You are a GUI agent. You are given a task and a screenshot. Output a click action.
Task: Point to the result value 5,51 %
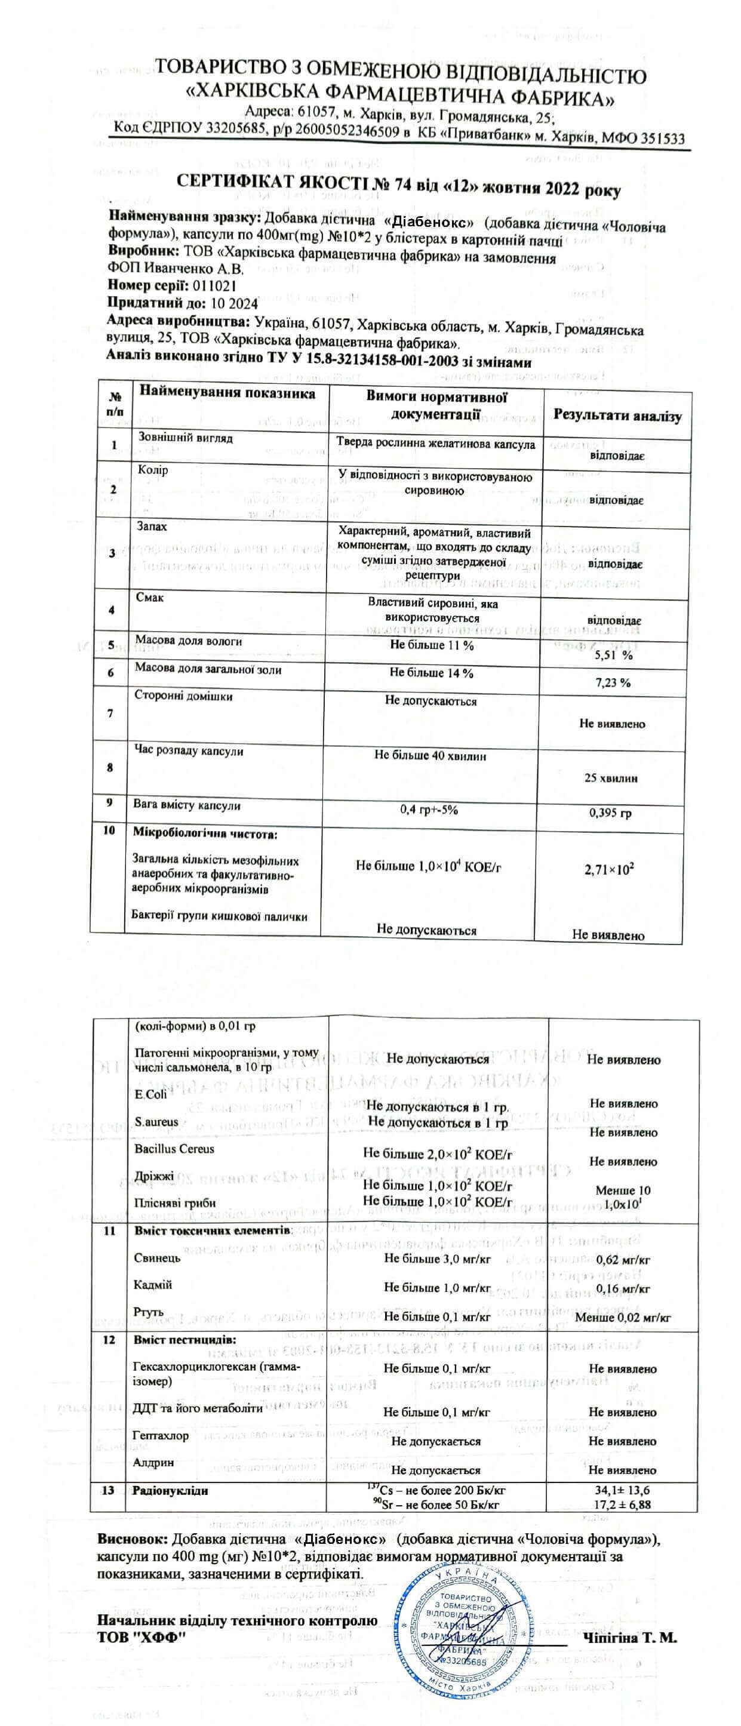pyautogui.click(x=614, y=656)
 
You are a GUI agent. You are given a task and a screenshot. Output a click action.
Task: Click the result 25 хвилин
pyautogui.click(x=610, y=778)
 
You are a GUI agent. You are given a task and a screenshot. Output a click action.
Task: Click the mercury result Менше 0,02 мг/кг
pyautogui.click(x=623, y=1317)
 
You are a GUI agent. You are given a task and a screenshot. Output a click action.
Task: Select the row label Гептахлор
pyautogui.click(x=161, y=1435)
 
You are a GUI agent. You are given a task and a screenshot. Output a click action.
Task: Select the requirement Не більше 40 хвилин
pyautogui.click(x=430, y=756)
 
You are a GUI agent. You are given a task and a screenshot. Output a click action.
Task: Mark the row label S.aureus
pyautogui.click(x=157, y=1121)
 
